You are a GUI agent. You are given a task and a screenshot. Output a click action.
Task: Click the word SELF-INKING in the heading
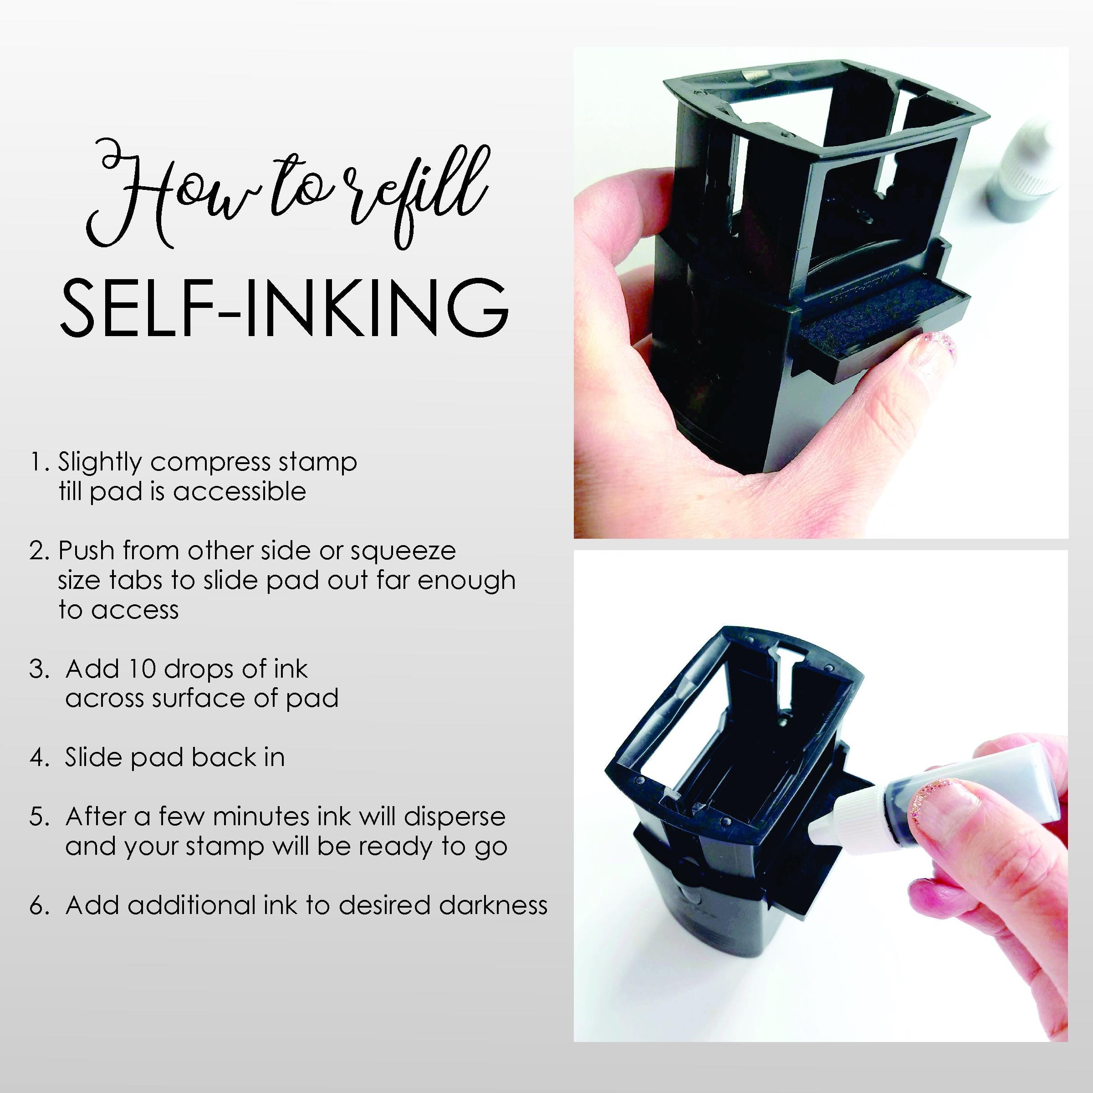tap(284, 308)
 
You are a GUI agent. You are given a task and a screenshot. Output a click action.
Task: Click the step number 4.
tap(40, 757)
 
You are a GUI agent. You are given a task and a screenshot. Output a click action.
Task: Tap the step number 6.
tap(40, 906)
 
